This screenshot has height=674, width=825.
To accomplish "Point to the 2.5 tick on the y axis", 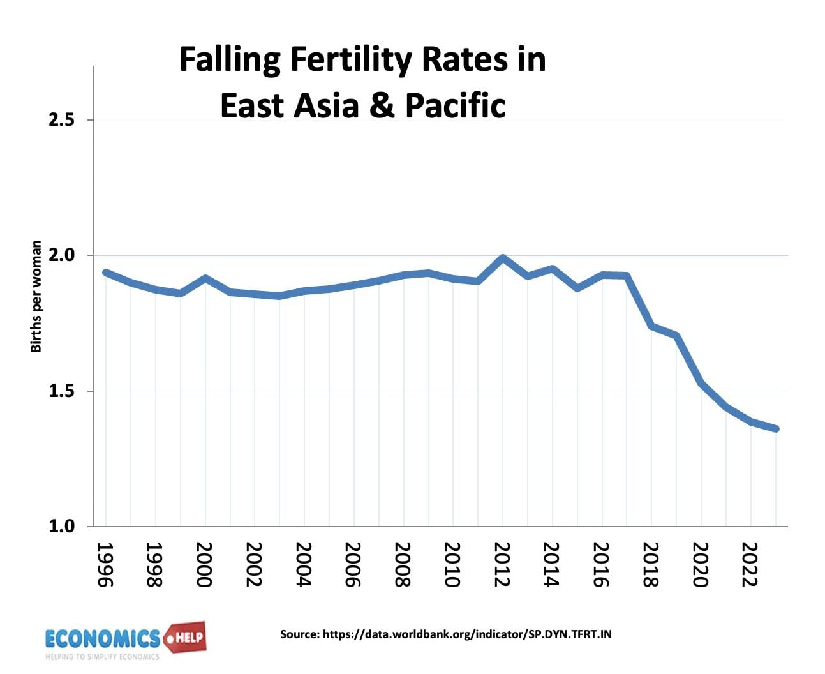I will coord(61,120).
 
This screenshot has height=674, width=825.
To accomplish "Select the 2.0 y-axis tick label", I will coord(61,255).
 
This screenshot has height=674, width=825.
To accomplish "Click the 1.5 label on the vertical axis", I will coord(61,391).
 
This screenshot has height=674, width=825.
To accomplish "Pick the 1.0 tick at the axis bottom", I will coord(61,527).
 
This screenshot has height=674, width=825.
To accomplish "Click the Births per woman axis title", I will coord(36,296).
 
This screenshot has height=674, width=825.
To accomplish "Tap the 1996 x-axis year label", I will coord(105,564).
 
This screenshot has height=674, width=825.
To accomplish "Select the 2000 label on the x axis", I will coord(204,564).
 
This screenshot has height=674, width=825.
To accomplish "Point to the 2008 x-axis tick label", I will coord(403,564).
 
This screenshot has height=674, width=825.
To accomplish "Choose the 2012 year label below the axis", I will coord(502,564).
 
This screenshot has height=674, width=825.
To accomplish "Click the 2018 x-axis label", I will coord(651,564).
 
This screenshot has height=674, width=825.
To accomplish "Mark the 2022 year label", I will coord(750,564).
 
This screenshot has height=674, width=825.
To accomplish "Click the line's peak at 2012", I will coord(503,258).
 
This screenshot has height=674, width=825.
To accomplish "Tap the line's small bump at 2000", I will coord(205,278).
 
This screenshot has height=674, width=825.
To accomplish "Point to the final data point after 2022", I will coord(775,429).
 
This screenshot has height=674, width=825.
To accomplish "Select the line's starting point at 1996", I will coord(106,273).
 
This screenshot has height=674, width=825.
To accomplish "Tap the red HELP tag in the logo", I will coord(186,637).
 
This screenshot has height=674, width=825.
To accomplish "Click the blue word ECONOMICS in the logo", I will coord(102,638).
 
